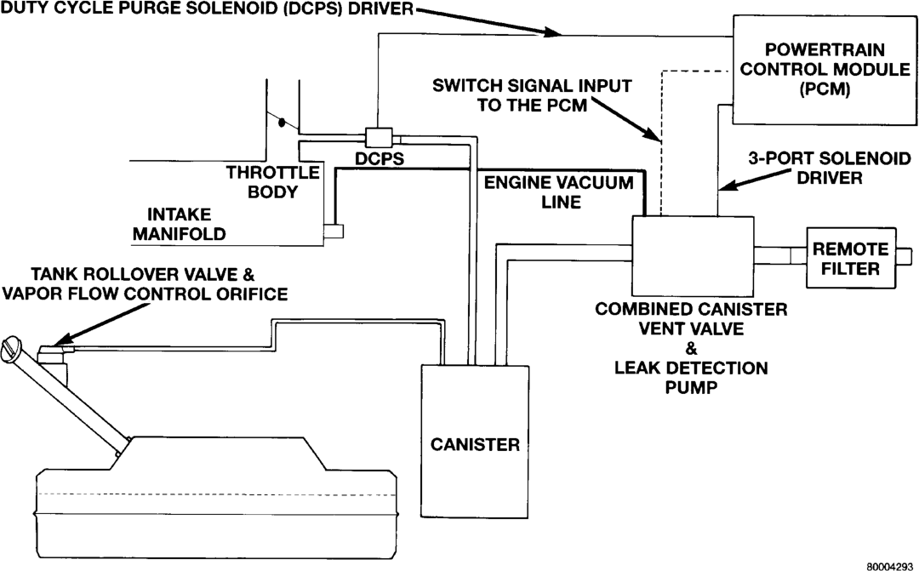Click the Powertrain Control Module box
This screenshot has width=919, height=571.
pos(825,70)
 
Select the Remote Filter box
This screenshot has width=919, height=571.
pos(851,258)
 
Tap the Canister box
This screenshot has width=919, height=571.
pos(475,441)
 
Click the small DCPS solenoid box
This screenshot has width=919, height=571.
pos(379,138)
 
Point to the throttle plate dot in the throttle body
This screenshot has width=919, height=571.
pos(282,123)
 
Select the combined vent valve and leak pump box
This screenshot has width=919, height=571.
pos(693,256)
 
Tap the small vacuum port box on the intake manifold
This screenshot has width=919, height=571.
pos(334,231)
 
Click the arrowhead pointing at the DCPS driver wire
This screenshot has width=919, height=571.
pos(552,31)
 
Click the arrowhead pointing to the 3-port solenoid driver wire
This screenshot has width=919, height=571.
pos(728,186)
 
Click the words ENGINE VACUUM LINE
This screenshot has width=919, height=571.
pos(558,192)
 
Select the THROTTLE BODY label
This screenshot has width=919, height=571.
pos(273,182)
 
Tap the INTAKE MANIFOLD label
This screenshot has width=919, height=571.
pos(180,224)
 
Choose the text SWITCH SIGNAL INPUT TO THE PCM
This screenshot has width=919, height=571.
pos(532,95)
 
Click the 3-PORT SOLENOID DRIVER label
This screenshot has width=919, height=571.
pos(830,168)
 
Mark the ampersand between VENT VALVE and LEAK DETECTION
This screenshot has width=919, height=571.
pos(692,349)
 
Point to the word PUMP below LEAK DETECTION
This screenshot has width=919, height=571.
pos(692,387)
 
